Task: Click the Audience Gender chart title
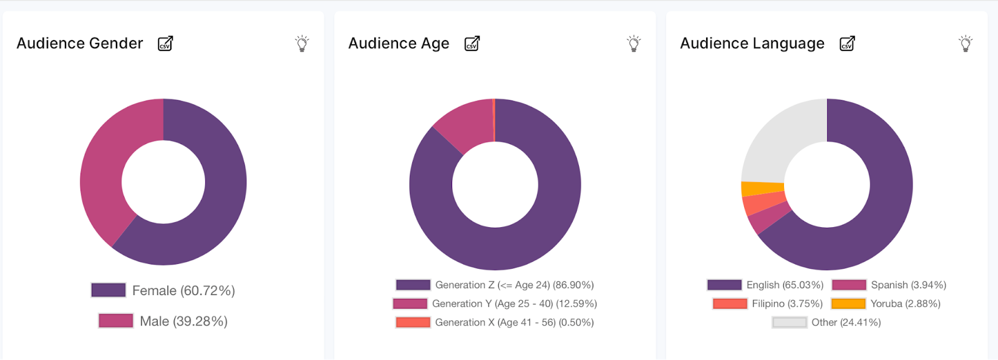(80, 44)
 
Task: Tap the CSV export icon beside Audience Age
(472, 44)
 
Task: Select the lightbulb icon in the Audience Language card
(966, 44)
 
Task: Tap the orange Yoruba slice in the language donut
(762, 188)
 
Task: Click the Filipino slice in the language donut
(764, 203)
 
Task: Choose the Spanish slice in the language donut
(768, 220)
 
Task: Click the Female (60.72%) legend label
(183, 291)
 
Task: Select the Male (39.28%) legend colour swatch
(115, 321)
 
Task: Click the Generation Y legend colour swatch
(410, 304)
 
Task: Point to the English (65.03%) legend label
(785, 285)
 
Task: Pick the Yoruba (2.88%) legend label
(905, 304)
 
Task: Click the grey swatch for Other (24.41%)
(789, 323)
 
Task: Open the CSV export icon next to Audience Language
(847, 44)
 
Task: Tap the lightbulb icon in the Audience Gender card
(302, 44)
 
